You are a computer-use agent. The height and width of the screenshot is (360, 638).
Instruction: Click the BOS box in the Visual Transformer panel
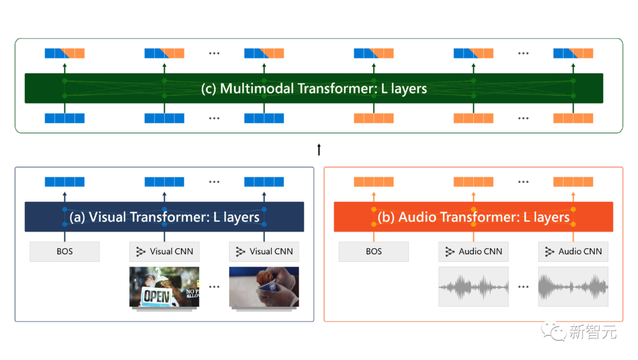coord(64,251)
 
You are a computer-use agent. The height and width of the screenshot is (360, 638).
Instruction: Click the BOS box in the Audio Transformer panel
coord(373,251)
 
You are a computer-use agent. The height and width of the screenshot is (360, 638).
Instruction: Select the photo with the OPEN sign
coord(164,287)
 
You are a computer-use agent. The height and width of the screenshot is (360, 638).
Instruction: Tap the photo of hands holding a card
coord(264,287)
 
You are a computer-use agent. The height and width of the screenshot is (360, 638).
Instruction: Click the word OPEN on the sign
coord(157,296)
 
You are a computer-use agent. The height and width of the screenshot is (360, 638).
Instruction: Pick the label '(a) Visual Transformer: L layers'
coord(164,217)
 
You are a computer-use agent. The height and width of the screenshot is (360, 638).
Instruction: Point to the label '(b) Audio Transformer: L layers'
coord(473,217)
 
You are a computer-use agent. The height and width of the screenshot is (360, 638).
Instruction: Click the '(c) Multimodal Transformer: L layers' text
coord(314,89)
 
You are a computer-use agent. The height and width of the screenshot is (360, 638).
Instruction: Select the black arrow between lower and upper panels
coord(319,149)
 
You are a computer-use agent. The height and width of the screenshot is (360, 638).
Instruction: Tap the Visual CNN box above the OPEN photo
coord(164,251)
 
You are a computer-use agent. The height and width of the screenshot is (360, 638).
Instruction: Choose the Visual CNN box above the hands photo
coord(264,251)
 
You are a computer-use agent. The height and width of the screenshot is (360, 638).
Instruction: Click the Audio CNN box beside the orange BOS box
coord(473,251)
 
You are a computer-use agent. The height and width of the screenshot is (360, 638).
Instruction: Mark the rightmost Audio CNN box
coord(573,251)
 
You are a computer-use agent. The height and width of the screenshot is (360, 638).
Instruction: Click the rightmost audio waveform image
coord(573,287)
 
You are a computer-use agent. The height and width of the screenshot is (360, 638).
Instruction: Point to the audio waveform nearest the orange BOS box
coord(473,287)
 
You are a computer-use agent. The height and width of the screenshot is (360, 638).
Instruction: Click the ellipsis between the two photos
coord(214,287)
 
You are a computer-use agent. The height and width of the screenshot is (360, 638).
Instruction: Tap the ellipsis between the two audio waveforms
coord(523,287)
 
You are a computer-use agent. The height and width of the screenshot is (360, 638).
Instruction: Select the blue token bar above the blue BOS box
coord(64,182)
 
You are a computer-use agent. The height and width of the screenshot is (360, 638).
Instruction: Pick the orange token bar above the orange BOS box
coord(373,182)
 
